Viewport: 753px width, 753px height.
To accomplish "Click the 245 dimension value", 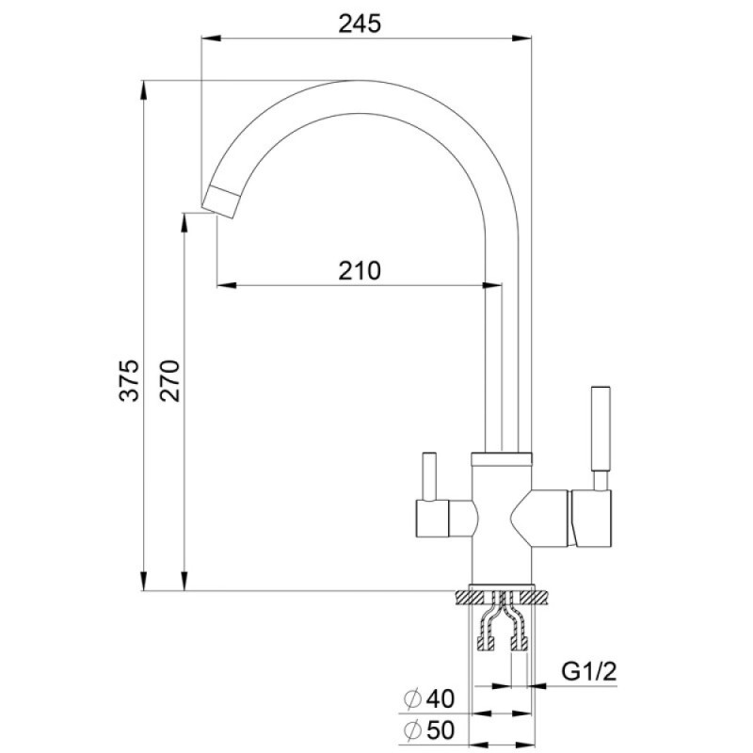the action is (360, 24).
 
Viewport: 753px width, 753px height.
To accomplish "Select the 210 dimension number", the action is (360, 271).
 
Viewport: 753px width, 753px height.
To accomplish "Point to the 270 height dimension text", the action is (170, 380).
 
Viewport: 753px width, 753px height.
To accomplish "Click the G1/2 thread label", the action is (589, 672).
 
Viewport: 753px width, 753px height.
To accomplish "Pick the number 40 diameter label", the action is (440, 698).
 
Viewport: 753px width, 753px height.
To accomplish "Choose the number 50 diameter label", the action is (440, 730).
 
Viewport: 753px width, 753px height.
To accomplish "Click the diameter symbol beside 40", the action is (412, 699).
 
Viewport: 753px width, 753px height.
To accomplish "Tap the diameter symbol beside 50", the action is (412, 731).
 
